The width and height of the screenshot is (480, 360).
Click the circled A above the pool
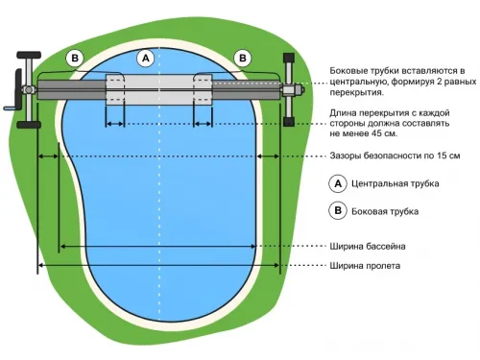point(146,58)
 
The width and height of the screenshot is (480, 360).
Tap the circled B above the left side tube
point(76,58)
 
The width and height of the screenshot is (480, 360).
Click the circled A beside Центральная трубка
point(337,182)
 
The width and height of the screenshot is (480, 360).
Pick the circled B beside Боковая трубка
point(337,210)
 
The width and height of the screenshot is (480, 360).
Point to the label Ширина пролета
point(366,266)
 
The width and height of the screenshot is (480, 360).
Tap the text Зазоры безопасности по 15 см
point(395,156)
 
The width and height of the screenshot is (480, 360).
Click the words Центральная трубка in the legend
point(391,182)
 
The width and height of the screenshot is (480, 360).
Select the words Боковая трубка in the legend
point(385,210)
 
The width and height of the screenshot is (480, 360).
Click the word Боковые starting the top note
point(349,71)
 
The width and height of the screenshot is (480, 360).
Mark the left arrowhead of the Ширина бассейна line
point(62,247)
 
